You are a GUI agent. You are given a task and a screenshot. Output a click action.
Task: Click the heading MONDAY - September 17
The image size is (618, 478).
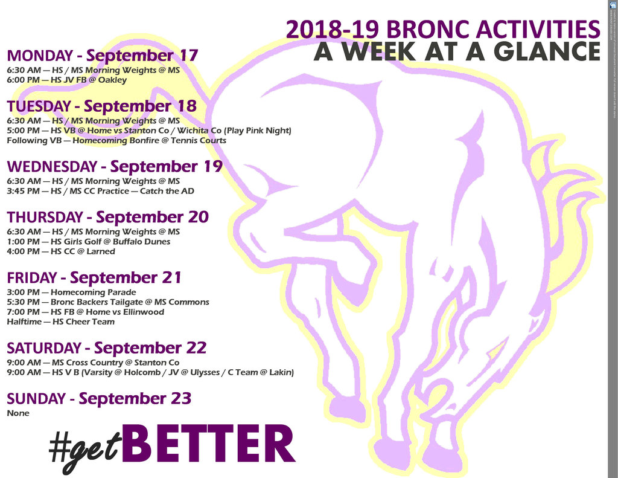pyautogui.click(x=102, y=56)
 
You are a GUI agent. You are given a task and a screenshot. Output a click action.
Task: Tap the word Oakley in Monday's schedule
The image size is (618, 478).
pyautogui.click(x=113, y=80)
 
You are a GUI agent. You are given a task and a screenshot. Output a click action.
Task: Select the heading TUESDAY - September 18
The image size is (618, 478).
pyautogui.click(x=101, y=106)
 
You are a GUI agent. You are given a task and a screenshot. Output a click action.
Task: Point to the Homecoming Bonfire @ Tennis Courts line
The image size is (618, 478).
pyautogui.click(x=116, y=140)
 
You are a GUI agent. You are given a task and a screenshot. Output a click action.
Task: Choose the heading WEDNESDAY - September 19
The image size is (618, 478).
pyautogui.click(x=115, y=166)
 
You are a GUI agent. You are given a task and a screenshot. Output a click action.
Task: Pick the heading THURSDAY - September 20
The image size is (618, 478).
pyautogui.click(x=107, y=217)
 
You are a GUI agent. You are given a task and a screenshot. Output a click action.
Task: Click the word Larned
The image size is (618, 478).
pyautogui.click(x=101, y=251)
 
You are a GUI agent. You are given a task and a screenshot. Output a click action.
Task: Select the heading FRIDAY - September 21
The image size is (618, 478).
pyautogui.click(x=94, y=278)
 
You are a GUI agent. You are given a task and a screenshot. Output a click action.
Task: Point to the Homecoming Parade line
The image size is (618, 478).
pyautogui.click(x=71, y=292)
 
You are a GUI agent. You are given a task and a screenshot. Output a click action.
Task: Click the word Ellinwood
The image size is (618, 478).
pyautogui.click(x=142, y=312)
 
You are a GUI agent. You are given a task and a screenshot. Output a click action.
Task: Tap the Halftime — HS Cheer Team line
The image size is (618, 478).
pyautogui.click(x=60, y=321)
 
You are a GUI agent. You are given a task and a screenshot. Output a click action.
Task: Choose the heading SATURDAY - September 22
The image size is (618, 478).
pyautogui.click(x=106, y=348)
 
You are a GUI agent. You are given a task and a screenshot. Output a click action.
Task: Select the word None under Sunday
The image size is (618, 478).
pyautogui.click(x=18, y=413)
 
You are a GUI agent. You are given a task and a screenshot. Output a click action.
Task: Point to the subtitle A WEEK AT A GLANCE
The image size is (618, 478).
pyautogui.click(x=457, y=52)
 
